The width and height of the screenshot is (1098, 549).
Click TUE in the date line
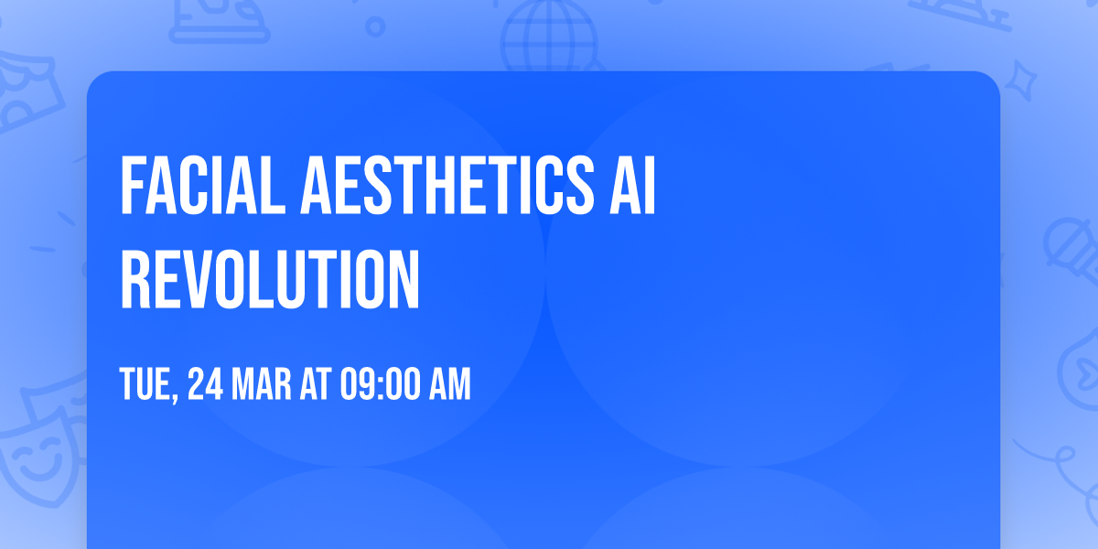[x=145, y=385]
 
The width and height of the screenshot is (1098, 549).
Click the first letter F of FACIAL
[x=131, y=186]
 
